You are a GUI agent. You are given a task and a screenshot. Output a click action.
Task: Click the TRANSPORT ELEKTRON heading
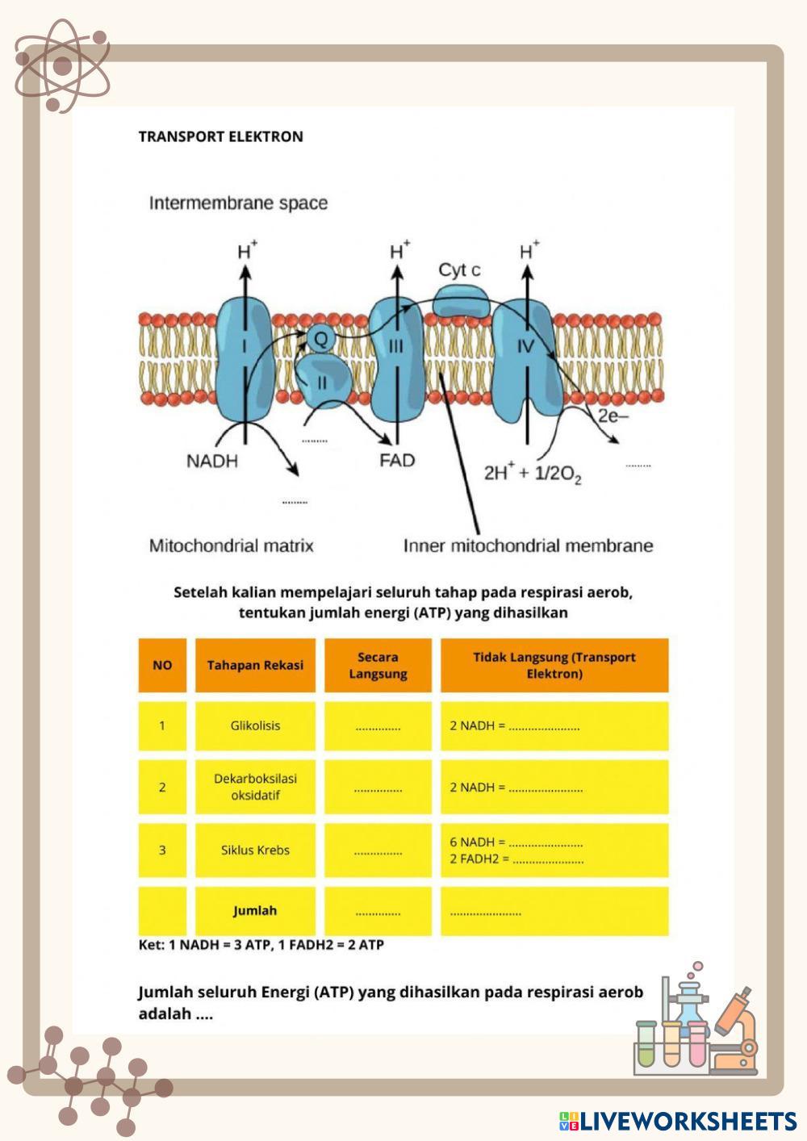[x=220, y=136]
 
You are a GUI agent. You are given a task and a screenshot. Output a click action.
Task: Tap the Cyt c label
[x=458, y=270]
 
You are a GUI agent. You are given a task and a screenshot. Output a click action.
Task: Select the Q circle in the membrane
[x=320, y=339]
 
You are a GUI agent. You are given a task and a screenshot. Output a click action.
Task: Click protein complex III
[x=396, y=355]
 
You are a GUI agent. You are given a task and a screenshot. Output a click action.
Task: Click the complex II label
[x=321, y=382]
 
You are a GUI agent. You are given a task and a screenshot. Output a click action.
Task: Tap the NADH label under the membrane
[x=212, y=462]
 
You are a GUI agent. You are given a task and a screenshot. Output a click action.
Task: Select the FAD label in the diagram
[x=397, y=461]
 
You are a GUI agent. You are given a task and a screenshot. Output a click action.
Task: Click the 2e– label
[x=613, y=416]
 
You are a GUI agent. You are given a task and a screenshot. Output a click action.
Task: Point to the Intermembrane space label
[x=238, y=203]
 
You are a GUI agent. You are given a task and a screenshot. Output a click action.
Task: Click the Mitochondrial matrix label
[x=231, y=546]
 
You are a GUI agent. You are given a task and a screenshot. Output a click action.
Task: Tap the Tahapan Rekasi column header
[x=255, y=666]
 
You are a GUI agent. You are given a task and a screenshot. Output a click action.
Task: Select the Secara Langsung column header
[x=378, y=666]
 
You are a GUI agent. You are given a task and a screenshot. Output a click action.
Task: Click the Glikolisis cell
[x=255, y=726]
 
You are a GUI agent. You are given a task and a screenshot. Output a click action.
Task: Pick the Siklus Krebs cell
[x=255, y=851]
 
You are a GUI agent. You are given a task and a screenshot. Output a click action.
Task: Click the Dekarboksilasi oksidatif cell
[x=255, y=787]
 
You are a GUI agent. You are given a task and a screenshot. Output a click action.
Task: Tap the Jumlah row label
[x=255, y=911]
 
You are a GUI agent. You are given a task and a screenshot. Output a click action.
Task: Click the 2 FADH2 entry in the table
[x=476, y=859]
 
